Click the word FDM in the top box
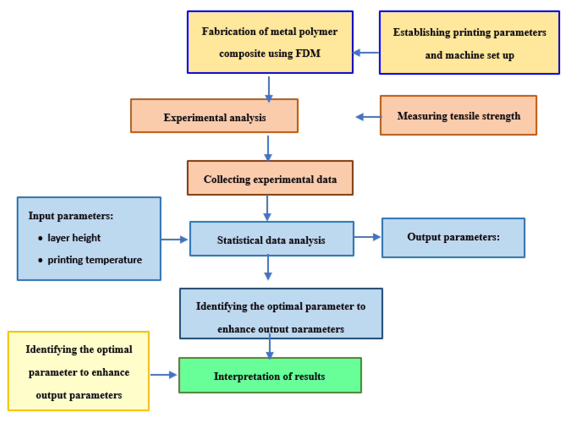pos(308,53)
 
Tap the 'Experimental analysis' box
pos(214,116)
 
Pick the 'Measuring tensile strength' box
pos(458,115)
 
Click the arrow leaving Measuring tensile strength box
pos(369,117)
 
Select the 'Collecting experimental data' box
pos(270,178)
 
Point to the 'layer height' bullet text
pos(74,238)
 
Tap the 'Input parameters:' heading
pos(71,216)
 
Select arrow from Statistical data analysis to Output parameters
pos(367,237)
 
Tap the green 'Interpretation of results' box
pos(270,376)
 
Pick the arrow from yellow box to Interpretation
pos(163,375)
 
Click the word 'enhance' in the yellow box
pos(110,372)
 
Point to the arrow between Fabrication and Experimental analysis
pos(269,89)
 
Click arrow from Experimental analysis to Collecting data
pos(268,148)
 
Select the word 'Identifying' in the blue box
pos(221,306)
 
